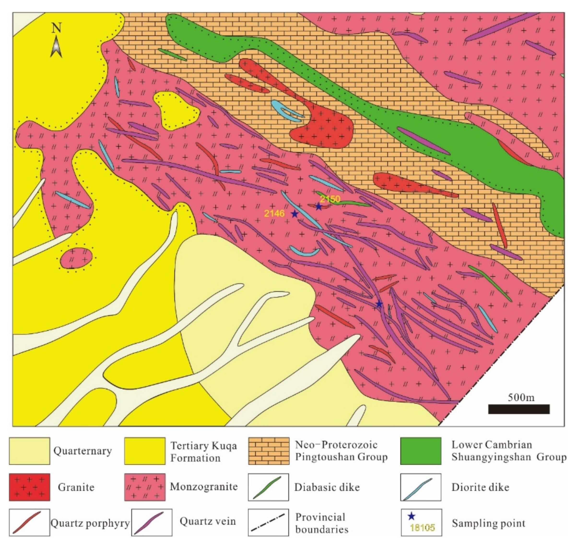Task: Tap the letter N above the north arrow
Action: coord(56,28)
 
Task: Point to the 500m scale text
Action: coord(521,397)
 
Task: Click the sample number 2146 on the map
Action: coord(274,214)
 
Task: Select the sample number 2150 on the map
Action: coord(330,199)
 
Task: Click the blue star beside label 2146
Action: coord(294,214)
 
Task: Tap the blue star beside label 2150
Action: coord(318,207)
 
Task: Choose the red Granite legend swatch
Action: coord(29,487)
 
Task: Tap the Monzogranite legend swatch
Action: coord(145,487)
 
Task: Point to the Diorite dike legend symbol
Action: coord(420,487)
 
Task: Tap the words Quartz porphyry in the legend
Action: coord(90,523)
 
